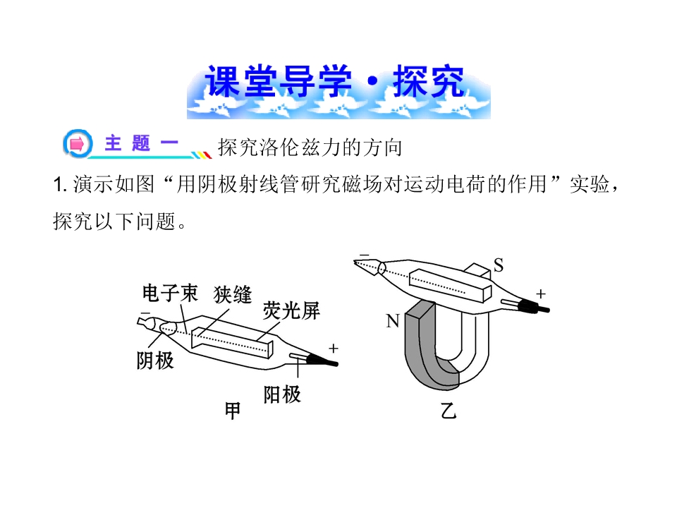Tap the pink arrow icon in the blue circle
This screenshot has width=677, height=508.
78,143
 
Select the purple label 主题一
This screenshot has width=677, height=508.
141,143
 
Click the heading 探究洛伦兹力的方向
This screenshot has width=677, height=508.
310,147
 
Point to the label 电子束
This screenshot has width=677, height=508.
170,294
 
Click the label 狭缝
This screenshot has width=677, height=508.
232,295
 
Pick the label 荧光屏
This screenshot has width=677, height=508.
291,310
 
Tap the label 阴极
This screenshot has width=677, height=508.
155,361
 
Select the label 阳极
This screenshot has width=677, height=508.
282,394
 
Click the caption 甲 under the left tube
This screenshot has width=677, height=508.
233,411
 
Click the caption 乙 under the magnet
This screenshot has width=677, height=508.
449,411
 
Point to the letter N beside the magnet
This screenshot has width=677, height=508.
393,321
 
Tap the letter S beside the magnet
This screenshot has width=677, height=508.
499,265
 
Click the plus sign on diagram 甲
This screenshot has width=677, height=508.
334,348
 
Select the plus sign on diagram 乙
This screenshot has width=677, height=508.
541,294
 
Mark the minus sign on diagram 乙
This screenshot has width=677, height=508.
365,255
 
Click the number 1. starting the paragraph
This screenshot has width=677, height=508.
59,185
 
